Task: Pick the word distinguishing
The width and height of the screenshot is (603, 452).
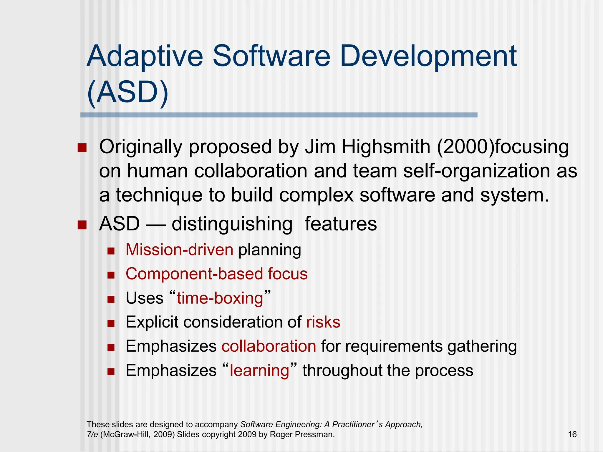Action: coord(232,224)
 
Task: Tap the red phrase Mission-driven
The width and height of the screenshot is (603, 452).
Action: coord(180,250)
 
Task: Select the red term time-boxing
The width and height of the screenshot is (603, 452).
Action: coord(220,298)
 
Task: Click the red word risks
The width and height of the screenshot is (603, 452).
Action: coord(323,322)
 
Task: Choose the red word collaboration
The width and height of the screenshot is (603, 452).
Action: coord(269,346)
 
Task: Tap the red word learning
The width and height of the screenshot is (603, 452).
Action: coord(259,370)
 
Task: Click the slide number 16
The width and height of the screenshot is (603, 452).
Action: coord(572,434)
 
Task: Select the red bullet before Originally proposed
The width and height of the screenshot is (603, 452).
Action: coord(82,148)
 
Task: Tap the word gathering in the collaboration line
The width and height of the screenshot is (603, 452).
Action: coord(482,346)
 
